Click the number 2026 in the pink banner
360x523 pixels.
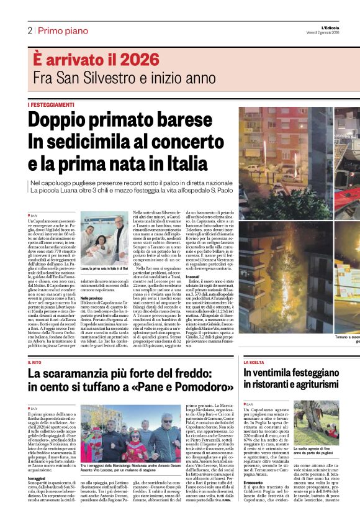pos(135,60)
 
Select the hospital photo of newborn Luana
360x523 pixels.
pos(105,239)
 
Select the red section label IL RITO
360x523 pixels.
pos(36,362)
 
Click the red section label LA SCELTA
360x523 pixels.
pos(254,362)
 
